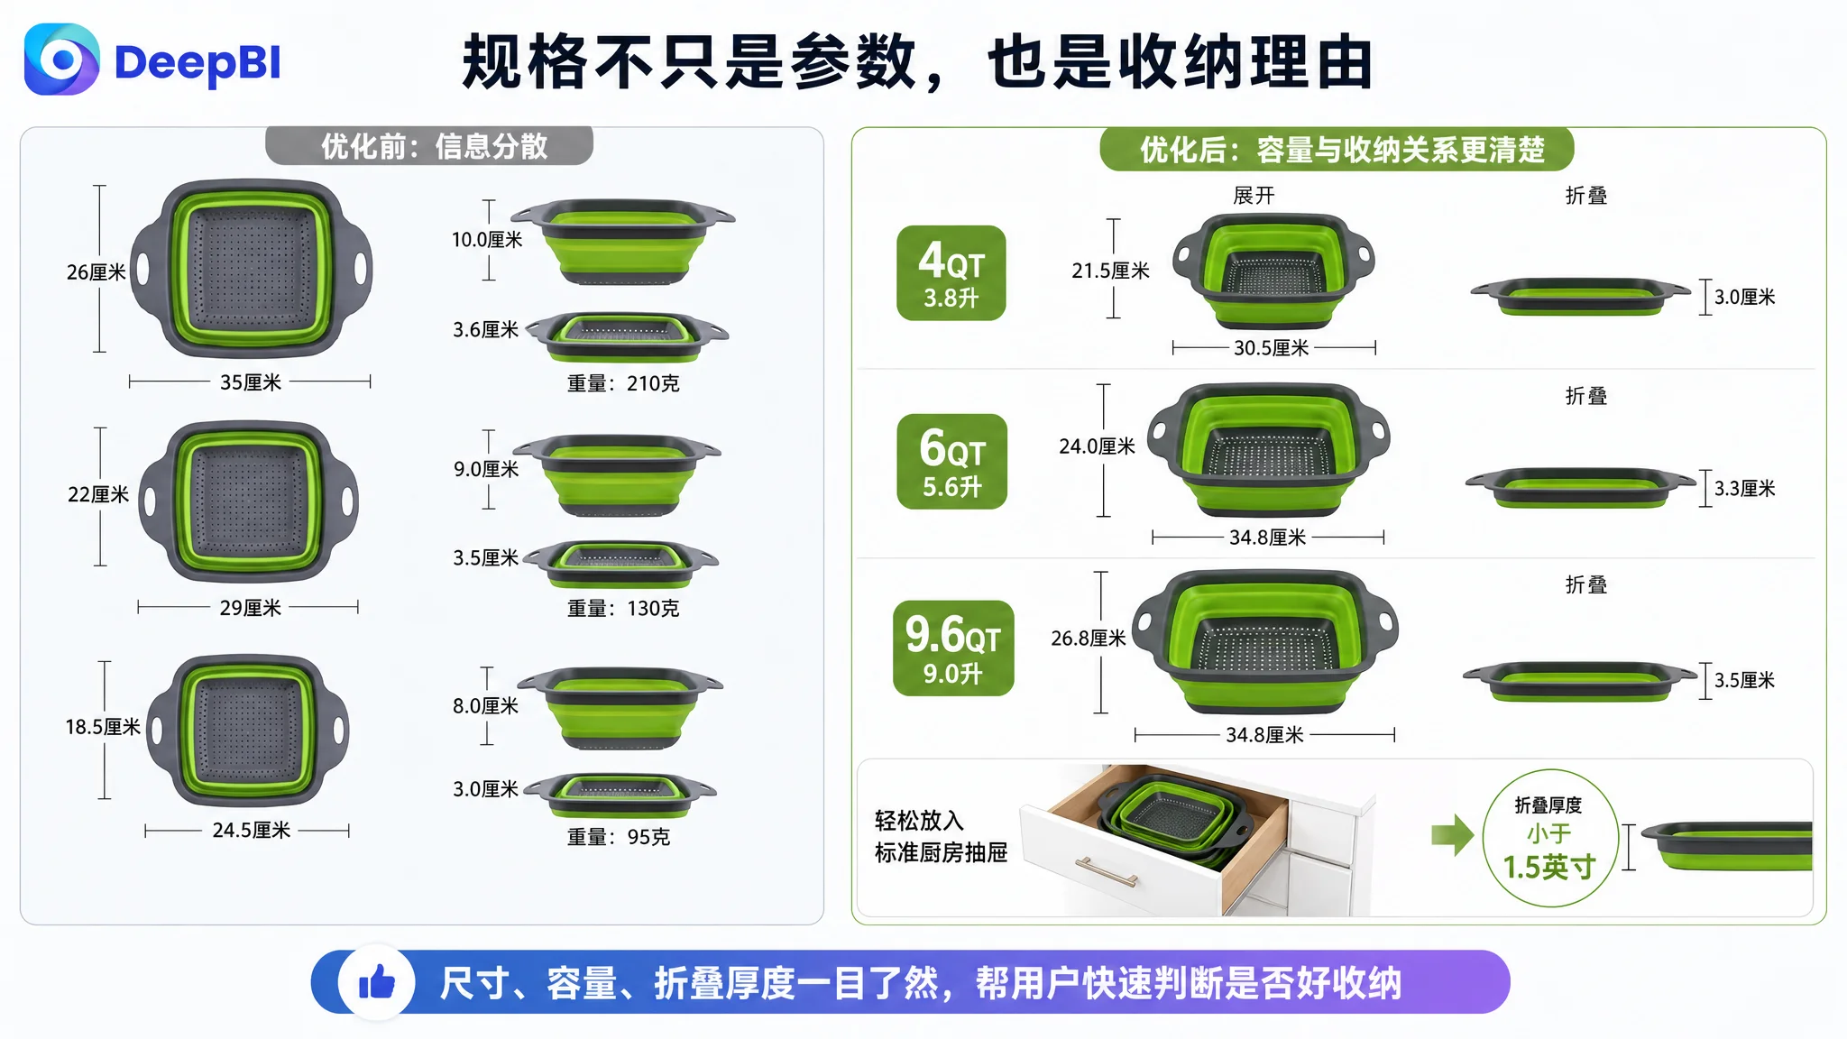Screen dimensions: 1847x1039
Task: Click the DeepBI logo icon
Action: coord(61,60)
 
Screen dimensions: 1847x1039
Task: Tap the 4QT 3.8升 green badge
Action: coord(951,272)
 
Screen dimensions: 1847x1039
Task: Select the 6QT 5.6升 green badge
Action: coord(951,461)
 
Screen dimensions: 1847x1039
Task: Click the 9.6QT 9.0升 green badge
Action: coord(953,648)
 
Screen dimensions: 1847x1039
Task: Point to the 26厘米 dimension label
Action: coord(96,272)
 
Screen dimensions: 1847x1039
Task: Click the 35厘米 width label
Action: coord(251,382)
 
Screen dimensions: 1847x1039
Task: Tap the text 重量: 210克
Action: coord(623,383)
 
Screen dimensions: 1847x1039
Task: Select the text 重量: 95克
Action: coord(619,837)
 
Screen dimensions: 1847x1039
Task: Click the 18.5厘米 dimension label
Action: coord(103,727)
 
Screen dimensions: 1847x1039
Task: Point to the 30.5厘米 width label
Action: coord(1271,348)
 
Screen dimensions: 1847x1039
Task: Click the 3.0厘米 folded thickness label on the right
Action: coord(1744,297)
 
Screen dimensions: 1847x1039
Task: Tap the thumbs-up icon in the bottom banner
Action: coord(377,982)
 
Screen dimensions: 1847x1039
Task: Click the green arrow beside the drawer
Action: coord(1452,834)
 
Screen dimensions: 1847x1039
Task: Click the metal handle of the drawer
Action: coord(1106,871)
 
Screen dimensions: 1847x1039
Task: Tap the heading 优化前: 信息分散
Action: coord(434,146)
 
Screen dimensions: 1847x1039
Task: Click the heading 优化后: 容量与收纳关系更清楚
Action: coord(1342,150)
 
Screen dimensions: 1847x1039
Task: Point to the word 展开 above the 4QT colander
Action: coord(1254,196)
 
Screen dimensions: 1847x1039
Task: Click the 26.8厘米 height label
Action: coord(1089,639)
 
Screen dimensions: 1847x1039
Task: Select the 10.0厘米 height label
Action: coord(487,240)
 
